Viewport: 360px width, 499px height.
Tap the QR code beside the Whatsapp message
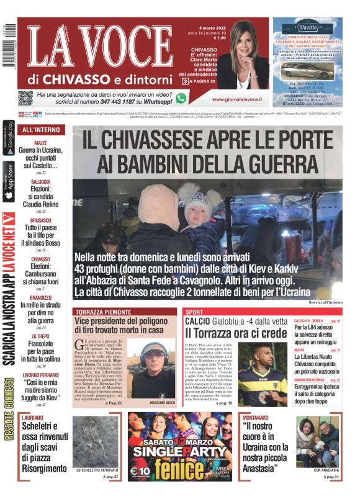pyautogui.click(x=25, y=98)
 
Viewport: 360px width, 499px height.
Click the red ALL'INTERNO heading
pyautogui.click(x=41, y=130)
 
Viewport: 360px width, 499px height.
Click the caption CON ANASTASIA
pyautogui.click(x=318, y=470)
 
